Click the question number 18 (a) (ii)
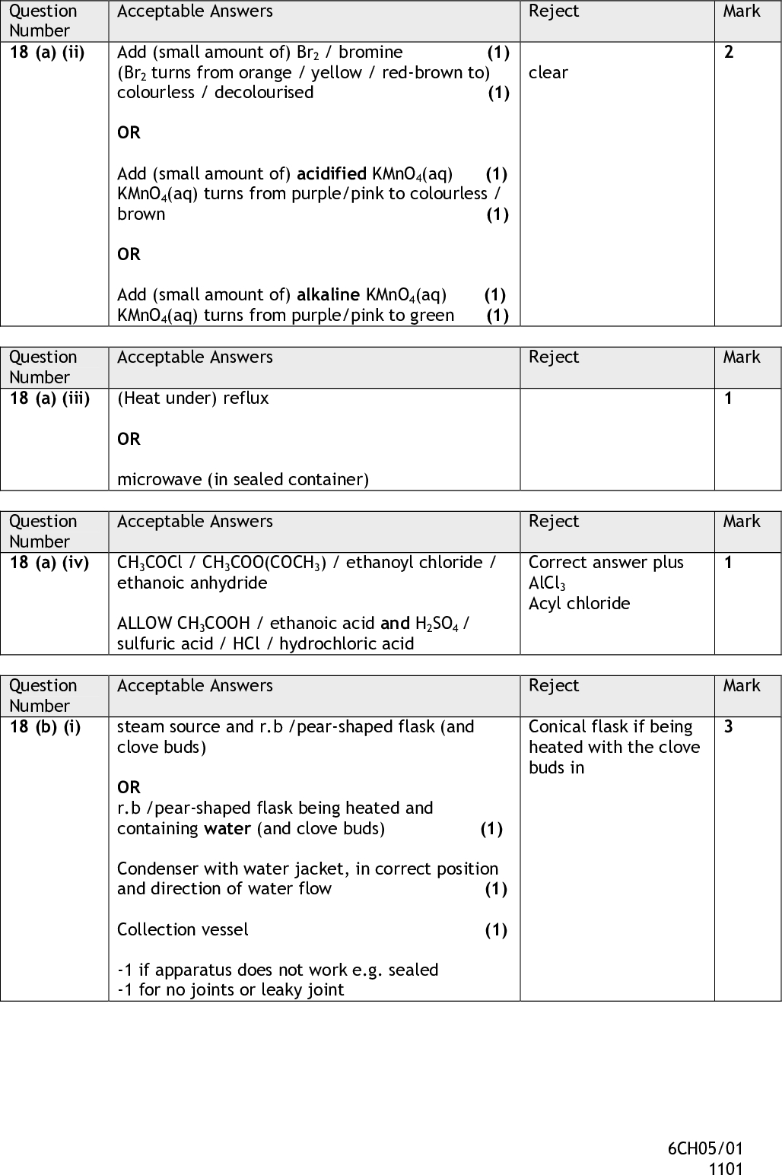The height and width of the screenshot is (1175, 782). (x=46, y=52)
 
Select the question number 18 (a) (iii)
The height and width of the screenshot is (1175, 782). (x=49, y=398)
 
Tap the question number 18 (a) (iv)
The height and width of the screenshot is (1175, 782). (x=49, y=563)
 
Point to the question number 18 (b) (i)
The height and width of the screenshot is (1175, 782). (x=45, y=727)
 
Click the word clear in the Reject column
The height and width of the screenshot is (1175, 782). (x=548, y=73)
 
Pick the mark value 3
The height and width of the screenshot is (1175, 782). (x=728, y=727)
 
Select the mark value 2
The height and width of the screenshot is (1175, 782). (x=729, y=52)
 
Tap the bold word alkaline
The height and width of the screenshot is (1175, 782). (x=328, y=295)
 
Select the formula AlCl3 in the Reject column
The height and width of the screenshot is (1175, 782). (x=547, y=584)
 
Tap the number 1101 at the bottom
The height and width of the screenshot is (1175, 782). (x=725, y=1169)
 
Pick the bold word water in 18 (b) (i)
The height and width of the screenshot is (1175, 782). (x=227, y=829)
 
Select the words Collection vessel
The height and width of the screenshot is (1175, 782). (x=183, y=930)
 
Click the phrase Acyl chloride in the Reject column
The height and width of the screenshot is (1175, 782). (x=579, y=604)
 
